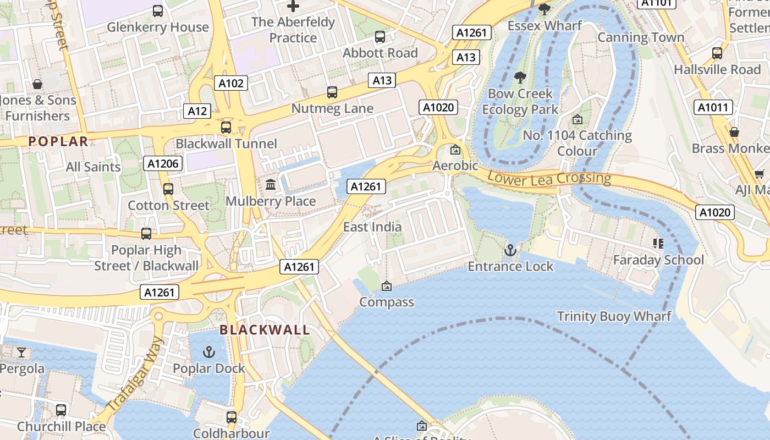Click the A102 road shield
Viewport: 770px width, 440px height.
pos(231,83)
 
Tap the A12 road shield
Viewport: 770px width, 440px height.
pos(197,111)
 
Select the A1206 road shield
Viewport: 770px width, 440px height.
pos(163,163)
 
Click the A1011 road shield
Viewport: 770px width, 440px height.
pos(713,107)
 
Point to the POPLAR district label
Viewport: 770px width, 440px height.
pos(58,141)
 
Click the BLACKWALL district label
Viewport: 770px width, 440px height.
pos(265,330)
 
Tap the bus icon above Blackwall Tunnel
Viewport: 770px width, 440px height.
pos(226,128)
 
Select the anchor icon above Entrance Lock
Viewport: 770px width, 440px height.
pos(510,251)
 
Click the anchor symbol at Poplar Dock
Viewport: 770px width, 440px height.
pos(208,352)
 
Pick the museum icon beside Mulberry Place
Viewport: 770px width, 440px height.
pos(271,185)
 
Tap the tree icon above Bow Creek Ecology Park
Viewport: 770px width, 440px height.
pos(520,78)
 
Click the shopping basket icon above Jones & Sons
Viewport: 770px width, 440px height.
pos(37,84)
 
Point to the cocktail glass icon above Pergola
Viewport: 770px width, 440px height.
pos(21,352)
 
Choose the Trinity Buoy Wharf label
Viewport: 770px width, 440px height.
pos(614,316)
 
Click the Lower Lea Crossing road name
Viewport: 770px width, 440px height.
pos(549,178)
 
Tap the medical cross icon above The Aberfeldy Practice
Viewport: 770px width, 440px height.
pos(293,7)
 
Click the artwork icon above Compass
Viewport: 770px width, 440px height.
pos(387,286)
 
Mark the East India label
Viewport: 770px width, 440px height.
pos(372,227)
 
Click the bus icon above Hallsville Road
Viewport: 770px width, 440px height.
pos(717,53)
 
